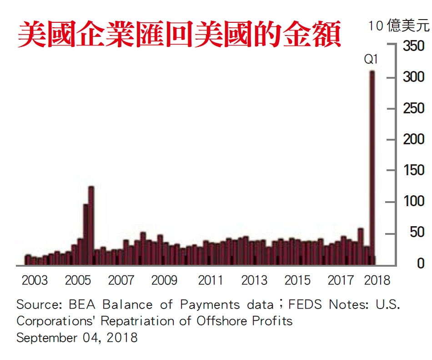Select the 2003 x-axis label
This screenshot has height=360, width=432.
coord(35,280)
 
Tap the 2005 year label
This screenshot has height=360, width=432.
coord(78,280)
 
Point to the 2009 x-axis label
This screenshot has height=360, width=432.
coord(164,280)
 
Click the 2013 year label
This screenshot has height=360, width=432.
coord(254,280)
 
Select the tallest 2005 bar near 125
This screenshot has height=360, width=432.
coord(91,225)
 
